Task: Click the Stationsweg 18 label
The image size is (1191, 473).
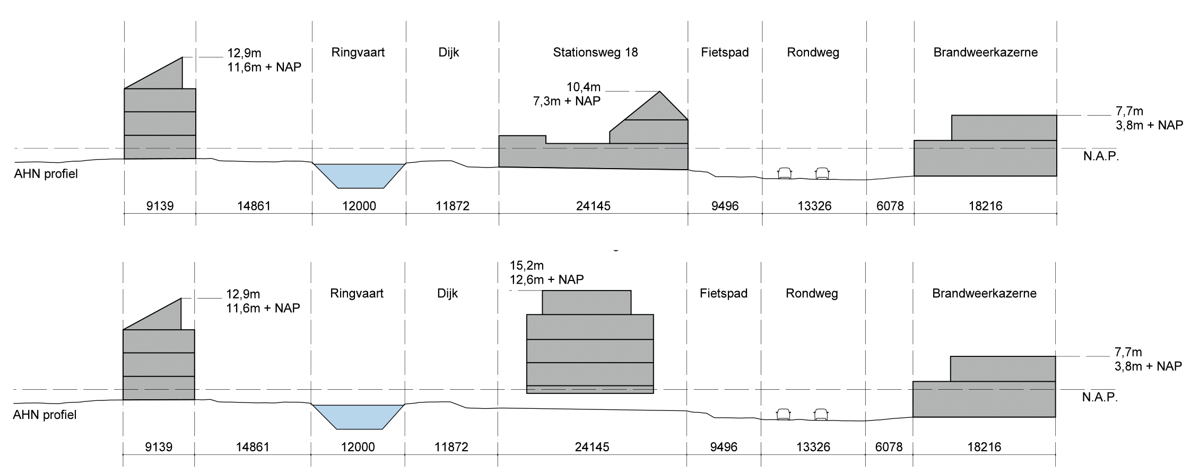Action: coord(595,52)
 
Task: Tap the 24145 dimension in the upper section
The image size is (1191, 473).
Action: coord(593,206)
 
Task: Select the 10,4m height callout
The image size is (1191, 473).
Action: coord(584,87)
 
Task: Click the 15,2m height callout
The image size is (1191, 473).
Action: coord(527,266)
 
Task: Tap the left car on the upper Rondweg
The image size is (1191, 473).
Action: coord(784,173)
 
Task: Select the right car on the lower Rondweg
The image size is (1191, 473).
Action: coord(821,414)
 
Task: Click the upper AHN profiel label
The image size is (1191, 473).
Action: coord(46,174)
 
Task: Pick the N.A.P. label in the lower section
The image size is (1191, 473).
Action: coord(1100,397)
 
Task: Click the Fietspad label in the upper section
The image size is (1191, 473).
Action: coord(725,52)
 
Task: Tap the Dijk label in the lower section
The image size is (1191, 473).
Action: coord(448,294)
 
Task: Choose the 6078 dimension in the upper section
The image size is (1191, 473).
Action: coord(890,206)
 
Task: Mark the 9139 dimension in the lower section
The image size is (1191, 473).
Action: coord(159,447)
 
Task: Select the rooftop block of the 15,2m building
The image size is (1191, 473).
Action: coord(587,302)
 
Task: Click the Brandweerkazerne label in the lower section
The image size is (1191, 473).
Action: coord(984,294)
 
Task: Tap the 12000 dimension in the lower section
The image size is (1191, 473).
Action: coord(358,447)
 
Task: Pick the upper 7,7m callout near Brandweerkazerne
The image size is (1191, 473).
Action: coord(1129,111)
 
